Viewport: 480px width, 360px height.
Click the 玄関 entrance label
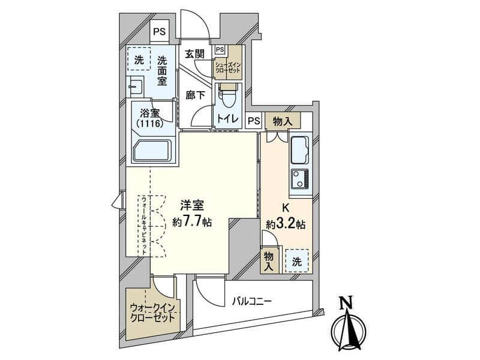[x=194, y=53]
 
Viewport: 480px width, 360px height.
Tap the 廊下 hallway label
[x=194, y=94]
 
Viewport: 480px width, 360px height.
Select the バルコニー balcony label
[x=251, y=303]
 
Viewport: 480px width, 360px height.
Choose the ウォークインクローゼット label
[x=152, y=313]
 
